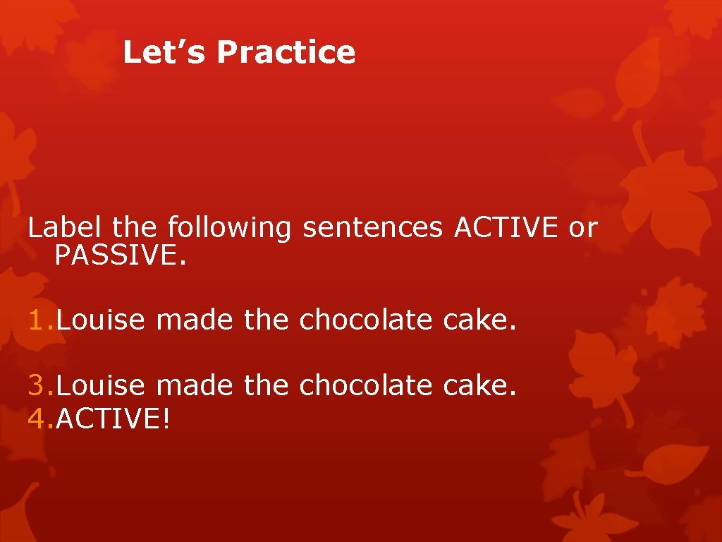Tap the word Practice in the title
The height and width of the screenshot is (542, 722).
pyautogui.click(x=286, y=53)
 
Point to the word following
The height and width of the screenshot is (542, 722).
pyautogui.click(x=229, y=229)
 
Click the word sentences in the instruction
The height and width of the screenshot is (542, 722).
pyautogui.click(x=373, y=228)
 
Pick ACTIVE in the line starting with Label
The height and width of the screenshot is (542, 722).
pyautogui.click(x=506, y=227)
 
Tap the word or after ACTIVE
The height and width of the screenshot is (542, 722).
pyautogui.click(x=583, y=228)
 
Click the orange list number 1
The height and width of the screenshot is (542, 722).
pyautogui.click(x=38, y=320)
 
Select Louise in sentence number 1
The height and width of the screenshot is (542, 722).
pyautogui.click(x=100, y=320)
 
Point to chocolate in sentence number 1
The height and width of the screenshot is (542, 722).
pyautogui.click(x=365, y=320)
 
